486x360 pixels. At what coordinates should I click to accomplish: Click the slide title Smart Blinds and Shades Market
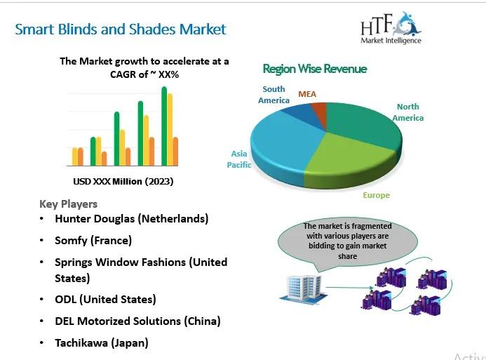(x=121, y=29)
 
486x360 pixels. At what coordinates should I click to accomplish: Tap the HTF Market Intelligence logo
(x=391, y=28)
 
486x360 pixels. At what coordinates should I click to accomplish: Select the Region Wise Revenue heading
(x=315, y=69)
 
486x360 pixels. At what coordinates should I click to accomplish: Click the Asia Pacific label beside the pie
(x=239, y=159)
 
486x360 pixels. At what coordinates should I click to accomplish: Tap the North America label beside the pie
(x=408, y=112)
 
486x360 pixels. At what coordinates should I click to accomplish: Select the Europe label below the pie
(x=377, y=195)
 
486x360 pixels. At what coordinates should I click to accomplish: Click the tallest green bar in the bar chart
(x=164, y=126)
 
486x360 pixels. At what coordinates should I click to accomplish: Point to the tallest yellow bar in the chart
(x=170, y=130)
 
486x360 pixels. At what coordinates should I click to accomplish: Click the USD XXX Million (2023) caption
(x=123, y=181)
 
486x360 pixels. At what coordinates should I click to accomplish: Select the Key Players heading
(x=68, y=204)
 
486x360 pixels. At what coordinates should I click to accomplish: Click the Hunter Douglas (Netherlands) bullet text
(x=131, y=219)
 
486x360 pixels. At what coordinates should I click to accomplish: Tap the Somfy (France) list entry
(x=93, y=240)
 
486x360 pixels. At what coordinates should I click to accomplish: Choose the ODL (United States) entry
(x=105, y=299)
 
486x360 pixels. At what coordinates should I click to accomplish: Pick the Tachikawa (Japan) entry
(x=102, y=342)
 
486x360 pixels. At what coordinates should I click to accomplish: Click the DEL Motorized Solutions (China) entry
(x=137, y=321)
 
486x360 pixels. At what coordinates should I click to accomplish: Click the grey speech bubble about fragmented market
(x=347, y=241)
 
